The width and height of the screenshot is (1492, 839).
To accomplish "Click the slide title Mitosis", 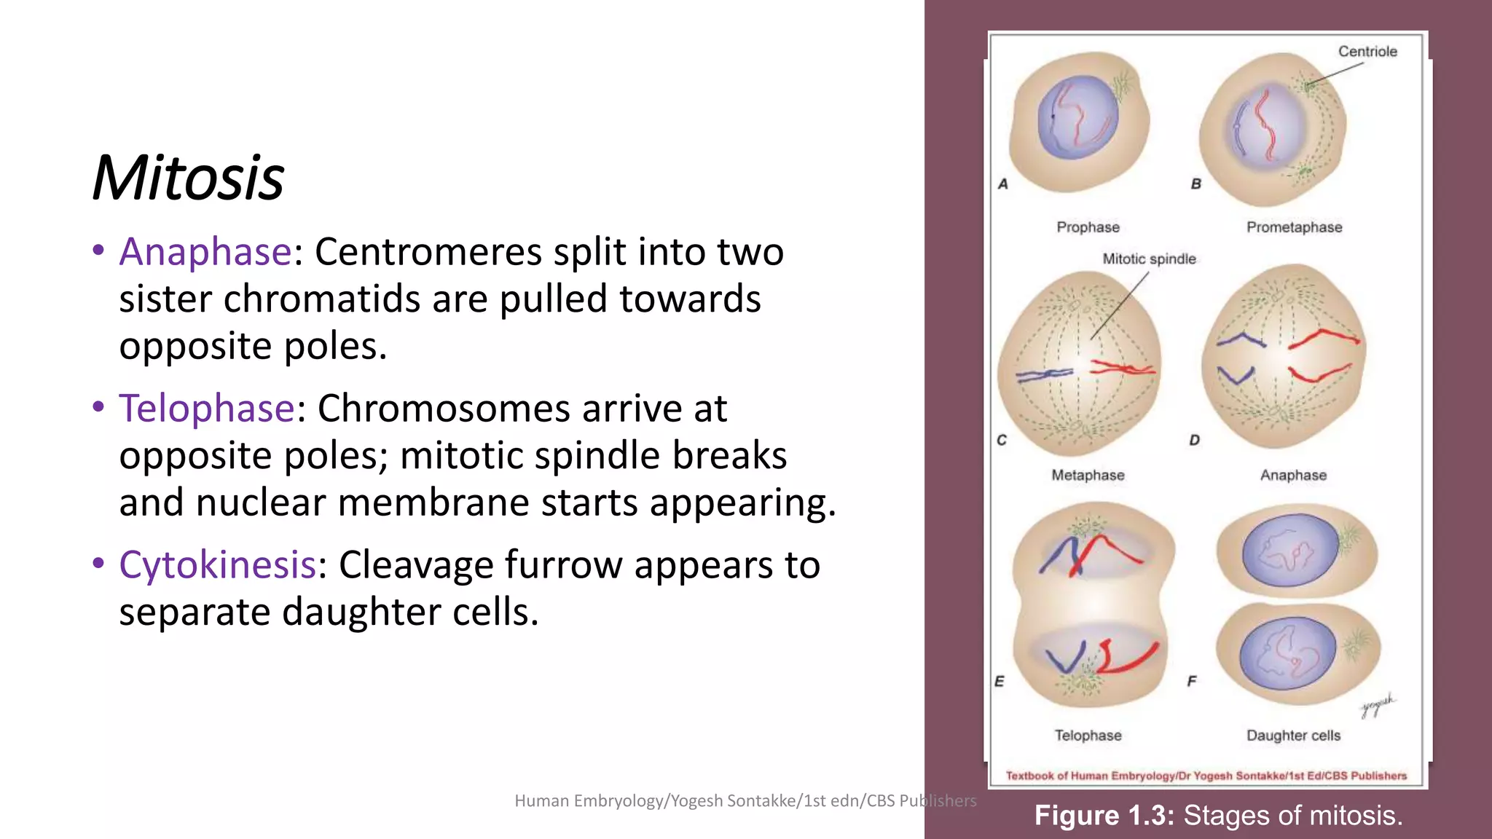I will [x=188, y=178].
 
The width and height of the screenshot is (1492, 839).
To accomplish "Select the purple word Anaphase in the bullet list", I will [x=205, y=252].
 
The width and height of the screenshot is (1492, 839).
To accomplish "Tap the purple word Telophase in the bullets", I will [x=207, y=408].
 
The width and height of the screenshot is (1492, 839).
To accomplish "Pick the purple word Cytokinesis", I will [x=217, y=564].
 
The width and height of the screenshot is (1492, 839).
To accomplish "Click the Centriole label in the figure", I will [x=1367, y=52].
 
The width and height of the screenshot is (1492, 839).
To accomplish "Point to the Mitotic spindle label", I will [x=1149, y=259].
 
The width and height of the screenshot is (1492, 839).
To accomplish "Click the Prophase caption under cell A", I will [x=1088, y=227].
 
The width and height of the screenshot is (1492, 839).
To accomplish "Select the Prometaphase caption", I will [x=1294, y=227].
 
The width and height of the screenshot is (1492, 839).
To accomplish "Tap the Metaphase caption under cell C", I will [x=1088, y=476].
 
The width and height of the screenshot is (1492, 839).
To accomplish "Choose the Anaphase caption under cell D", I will [x=1293, y=476].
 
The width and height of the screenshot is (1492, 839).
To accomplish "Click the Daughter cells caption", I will [x=1293, y=736].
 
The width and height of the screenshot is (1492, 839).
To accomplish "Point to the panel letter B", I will [x=1195, y=184].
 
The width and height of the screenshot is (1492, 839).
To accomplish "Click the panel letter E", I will [x=1000, y=682].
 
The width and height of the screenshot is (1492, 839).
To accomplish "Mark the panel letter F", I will [x=1192, y=682].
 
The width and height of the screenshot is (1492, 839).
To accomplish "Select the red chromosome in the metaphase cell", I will [x=1122, y=368].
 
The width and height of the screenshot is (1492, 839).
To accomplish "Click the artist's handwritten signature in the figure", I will [x=1377, y=705].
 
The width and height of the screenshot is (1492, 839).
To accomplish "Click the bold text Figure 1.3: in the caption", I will [x=1104, y=816].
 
